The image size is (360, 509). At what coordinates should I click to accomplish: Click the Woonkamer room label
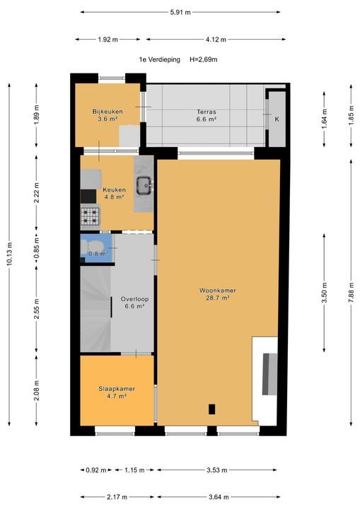pyautogui.click(x=218, y=291)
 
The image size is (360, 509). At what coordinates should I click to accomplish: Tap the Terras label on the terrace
pyautogui.click(x=207, y=112)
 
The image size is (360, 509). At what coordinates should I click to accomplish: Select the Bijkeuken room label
pyautogui.click(x=108, y=112)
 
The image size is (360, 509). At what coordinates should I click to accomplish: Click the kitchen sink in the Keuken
pyautogui.click(x=144, y=185)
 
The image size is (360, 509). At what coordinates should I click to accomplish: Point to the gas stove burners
pyautogui.click(x=90, y=216)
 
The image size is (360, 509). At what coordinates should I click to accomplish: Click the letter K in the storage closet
pyautogui.click(x=277, y=119)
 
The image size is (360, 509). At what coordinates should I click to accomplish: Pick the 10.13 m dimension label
pyautogui.click(x=9, y=254)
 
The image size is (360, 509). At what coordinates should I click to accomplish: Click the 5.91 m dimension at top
pyautogui.click(x=180, y=12)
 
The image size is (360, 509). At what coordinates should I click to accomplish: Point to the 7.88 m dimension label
pyautogui.click(x=352, y=293)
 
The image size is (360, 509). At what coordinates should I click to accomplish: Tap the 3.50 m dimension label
pyautogui.click(x=324, y=293)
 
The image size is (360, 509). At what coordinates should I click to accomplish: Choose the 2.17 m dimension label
pyautogui.click(x=117, y=497)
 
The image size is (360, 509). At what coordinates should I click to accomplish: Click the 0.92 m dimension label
pyautogui.click(x=96, y=469)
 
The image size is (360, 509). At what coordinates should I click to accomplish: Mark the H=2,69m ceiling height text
pyautogui.click(x=204, y=59)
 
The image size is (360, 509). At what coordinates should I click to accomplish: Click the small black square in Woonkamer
pyautogui.click(x=212, y=409)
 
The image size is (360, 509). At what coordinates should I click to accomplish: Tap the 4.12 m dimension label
pyautogui.click(x=216, y=40)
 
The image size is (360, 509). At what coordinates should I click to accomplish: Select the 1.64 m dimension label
pyautogui.click(x=324, y=119)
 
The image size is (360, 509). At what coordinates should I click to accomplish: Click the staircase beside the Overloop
pyautogui.click(x=96, y=308)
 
